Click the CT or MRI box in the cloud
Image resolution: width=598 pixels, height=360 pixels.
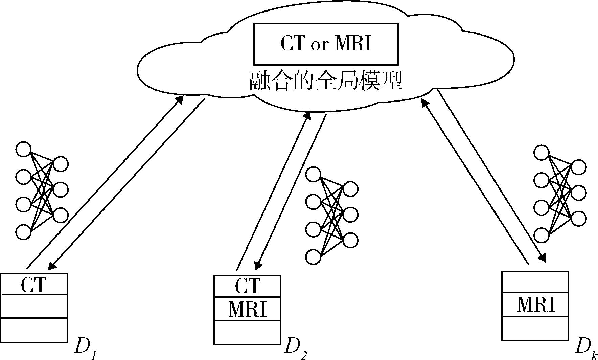[326, 44]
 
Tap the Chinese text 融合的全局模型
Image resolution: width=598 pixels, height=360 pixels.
[326, 81]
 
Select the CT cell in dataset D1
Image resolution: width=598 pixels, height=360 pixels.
[34, 284]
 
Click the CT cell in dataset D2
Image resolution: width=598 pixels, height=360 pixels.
[247, 286]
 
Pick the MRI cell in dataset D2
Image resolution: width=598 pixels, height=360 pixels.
[247, 309]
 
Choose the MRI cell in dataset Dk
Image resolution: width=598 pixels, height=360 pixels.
[535, 305]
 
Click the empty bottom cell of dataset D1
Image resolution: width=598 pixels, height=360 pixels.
[34, 330]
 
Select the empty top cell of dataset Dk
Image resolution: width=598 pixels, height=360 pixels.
[535, 282]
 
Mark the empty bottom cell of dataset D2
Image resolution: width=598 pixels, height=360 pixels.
[247, 332]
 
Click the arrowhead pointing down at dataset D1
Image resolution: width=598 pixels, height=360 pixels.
[51, 266]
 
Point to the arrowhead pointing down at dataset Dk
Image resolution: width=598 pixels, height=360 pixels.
[542, 259]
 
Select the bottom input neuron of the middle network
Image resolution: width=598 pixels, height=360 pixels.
[313, 256]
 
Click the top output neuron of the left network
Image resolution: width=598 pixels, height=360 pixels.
[61, 164]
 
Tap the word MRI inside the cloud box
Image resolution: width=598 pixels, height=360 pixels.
[353, 44]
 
